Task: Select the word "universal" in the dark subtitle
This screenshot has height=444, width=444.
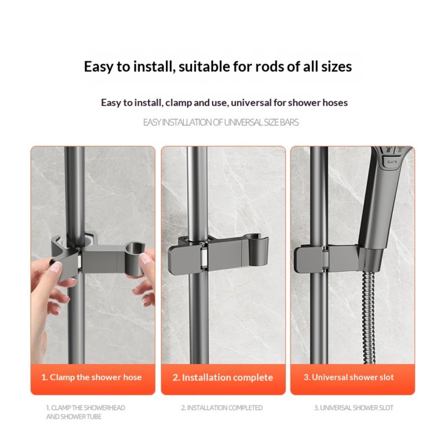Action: [251, 103]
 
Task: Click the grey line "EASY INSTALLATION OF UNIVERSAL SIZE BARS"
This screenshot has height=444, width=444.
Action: [221, 122]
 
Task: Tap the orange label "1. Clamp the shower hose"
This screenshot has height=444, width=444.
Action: [92, 377]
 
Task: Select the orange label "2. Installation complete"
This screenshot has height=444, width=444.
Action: [223, 377]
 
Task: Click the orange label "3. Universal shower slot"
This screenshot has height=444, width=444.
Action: [349, 377]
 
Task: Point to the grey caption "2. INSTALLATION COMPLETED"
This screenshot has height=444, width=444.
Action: [222, 408]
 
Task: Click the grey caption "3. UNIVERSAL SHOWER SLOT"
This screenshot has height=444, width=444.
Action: [354, 408]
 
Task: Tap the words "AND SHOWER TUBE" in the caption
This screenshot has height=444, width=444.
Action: [74, 417]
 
